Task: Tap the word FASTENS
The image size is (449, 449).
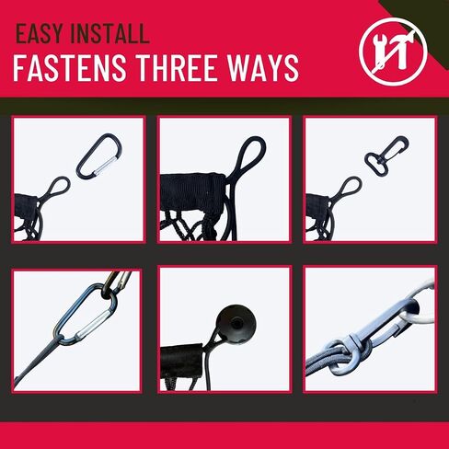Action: click(x=70, y=68)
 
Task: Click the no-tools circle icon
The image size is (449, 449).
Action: click(x=393, y=52)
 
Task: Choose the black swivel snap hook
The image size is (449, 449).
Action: click(x=386, y=155)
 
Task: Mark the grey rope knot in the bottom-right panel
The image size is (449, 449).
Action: click(x=340, y=356)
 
